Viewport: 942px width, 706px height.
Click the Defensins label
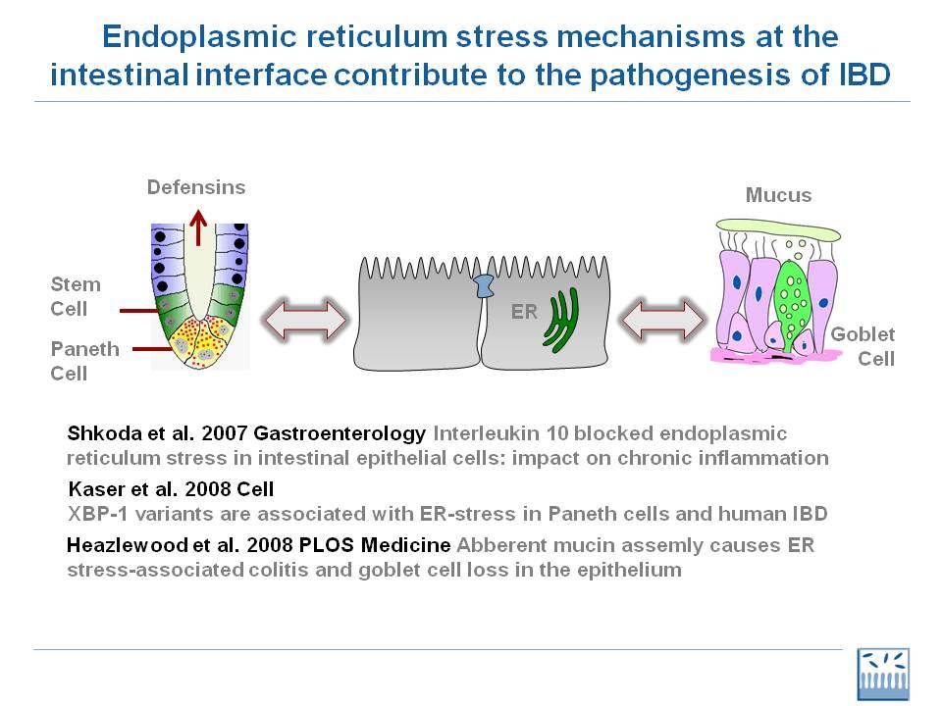pyautogui.click(x=196, y=187)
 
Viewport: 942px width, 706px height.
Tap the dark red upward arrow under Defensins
pyautogui.click(x=198, y=227)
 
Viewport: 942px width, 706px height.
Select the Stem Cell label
pyautogui.click(x=76, y=296)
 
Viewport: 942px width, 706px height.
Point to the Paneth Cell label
pyautogui.click(x=84, y=361)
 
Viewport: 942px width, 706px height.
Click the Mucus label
pyautogui.click(x=778, y=195)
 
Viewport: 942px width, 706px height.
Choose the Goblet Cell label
pyautogui.click(x=863, y=346)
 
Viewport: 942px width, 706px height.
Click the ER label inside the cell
pyautogui.click(x=524, y=312)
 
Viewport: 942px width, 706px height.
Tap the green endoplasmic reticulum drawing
pyautogui.click(x=561, y=320)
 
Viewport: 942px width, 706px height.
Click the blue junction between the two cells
pyautogui.click(x=484, y=285)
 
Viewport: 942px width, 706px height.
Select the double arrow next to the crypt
pyautogui.click(x=305, y=320)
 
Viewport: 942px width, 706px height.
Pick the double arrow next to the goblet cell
pyautogui.click(x=662, y=320)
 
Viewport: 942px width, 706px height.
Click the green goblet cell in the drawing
pyautogui.click(x=789, y=303)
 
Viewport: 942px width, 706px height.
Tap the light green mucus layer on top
pyautogui.click(x=778, y=229)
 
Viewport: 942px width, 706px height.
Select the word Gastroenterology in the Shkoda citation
pyautogui.click(x=340, y=434)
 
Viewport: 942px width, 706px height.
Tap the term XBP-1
pyautogui.click(x=98, y=515)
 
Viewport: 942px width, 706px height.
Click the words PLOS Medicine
pyautogui.click(x=375, y=545)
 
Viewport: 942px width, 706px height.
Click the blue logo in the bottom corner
pyautogui.click(x=883, y=675)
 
